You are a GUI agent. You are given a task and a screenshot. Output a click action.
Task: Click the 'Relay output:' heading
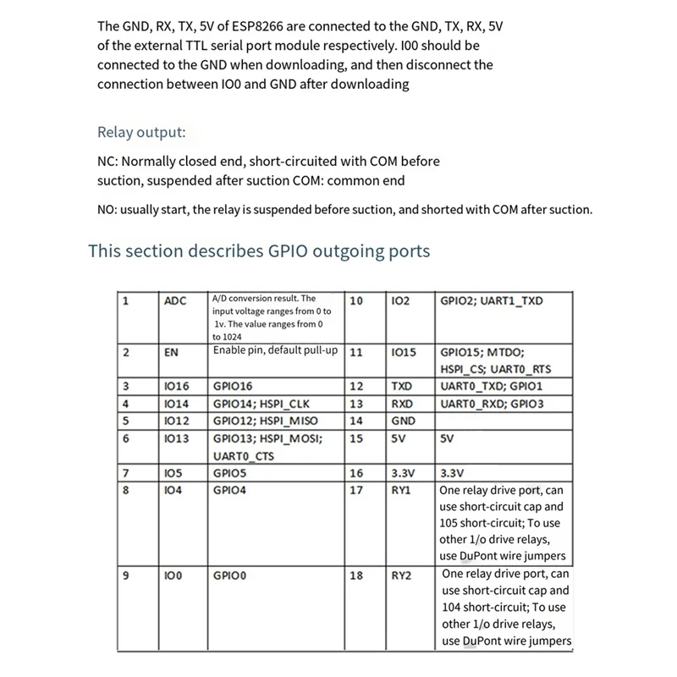[140, 132]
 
